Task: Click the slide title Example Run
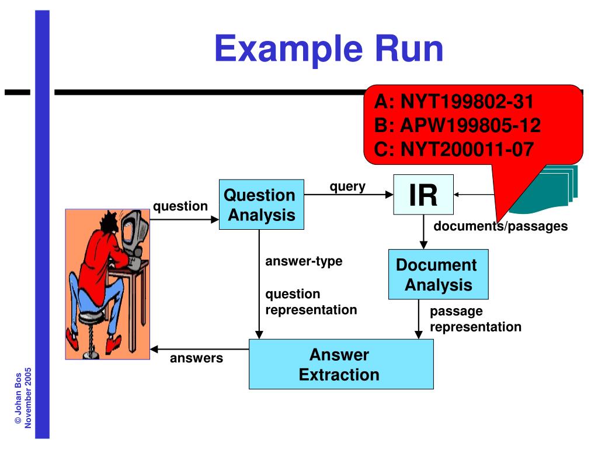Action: (329, 49)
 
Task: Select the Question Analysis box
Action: (261, 205)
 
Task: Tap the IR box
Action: (423, 195)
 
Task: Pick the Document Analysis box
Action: (438, 275)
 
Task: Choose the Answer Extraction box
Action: (341, 364)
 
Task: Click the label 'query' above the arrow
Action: (347, 186)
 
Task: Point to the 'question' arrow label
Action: (180, 206)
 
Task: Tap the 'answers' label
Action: (196, 358)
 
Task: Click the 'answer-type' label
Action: (304, 261)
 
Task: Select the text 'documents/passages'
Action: (500, 226)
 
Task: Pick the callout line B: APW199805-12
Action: (457, 126)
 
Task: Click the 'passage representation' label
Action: (475, 319)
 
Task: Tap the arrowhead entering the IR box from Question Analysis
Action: (390, 195)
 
